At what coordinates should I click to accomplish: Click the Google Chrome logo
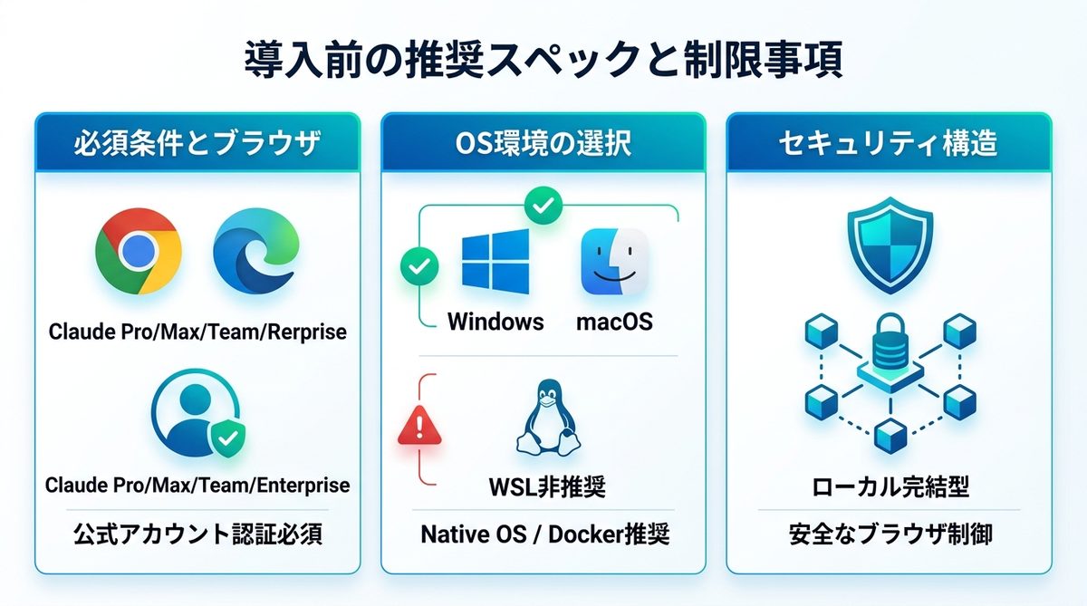tap(139, 251)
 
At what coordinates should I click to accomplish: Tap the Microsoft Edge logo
tap(255, 251)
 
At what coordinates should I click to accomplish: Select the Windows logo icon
tap(495, 262)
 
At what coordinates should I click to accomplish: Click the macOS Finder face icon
tap(615, 262)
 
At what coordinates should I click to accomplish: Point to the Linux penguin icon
tap(548, 418)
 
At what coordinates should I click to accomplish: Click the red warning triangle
tap(419, 426)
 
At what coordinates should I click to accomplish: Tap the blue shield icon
tap(890, 245)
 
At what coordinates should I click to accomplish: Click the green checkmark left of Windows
tap(419, 266)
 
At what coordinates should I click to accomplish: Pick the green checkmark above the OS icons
tap(543, 206)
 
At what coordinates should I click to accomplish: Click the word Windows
tap(495, 322)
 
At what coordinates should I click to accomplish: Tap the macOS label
tap(614, 322)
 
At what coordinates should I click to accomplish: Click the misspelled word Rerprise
tap(307, 332)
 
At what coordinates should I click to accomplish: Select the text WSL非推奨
tap(547, 486)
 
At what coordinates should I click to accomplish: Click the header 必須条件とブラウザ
tap(197, 144)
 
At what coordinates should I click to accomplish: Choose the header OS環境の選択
tap(543, 144)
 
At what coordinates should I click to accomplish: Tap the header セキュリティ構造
tap(888, 144)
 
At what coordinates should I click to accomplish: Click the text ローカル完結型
tap(890, 487)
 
